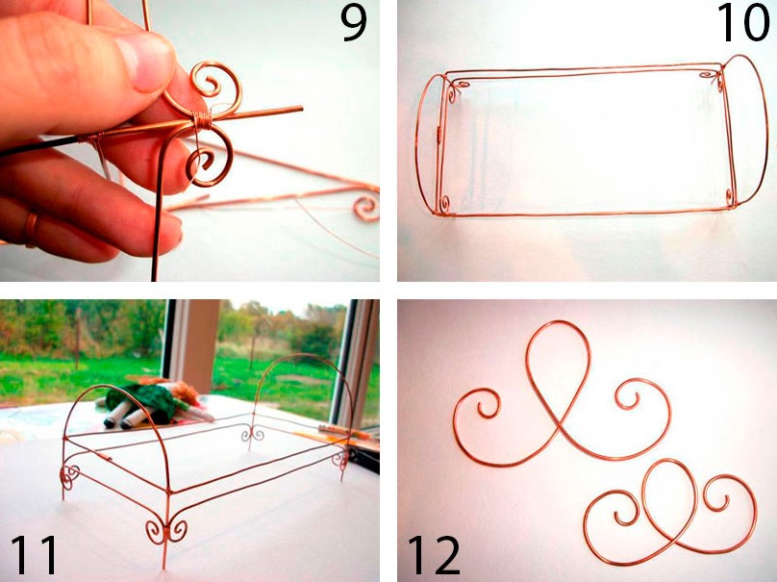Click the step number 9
coord(354,24)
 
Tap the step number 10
coord(742,23)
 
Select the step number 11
coord(35,553)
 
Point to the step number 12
coord(434,554)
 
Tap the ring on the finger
coord(31,230)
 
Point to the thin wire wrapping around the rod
coord(201,120)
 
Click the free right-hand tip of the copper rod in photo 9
coord(301,108)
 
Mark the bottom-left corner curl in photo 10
coord(445,204)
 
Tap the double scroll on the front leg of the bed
coord(166,531)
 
